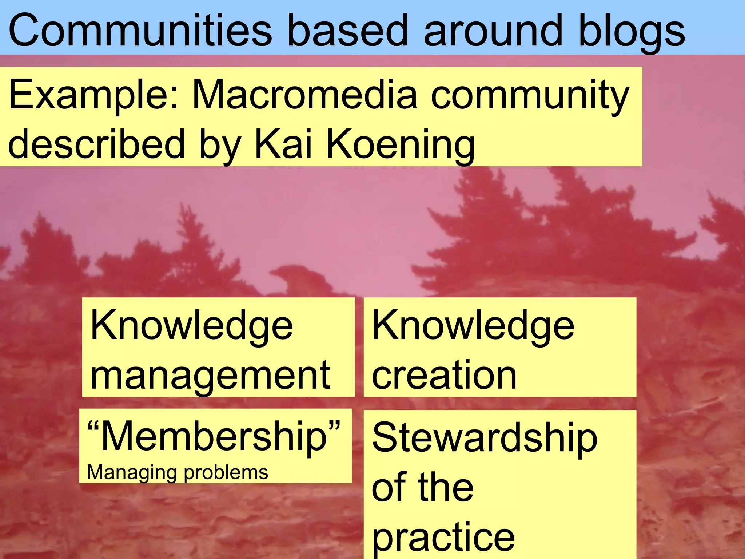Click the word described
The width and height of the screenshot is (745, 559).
tap(96, 144)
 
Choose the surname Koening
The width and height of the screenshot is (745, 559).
tap(401, 145)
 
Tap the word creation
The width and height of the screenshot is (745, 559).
tap(444, 375)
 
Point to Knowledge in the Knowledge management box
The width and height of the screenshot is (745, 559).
tap(191, 325)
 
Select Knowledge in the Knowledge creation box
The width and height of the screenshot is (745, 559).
tap(473, 325)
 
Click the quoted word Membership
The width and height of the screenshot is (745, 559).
tap(215, 436)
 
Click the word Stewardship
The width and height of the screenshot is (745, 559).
tap(485, 438)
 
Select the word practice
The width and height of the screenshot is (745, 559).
tap(443, 538)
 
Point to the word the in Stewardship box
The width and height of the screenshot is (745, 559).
tap(446, 487)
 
